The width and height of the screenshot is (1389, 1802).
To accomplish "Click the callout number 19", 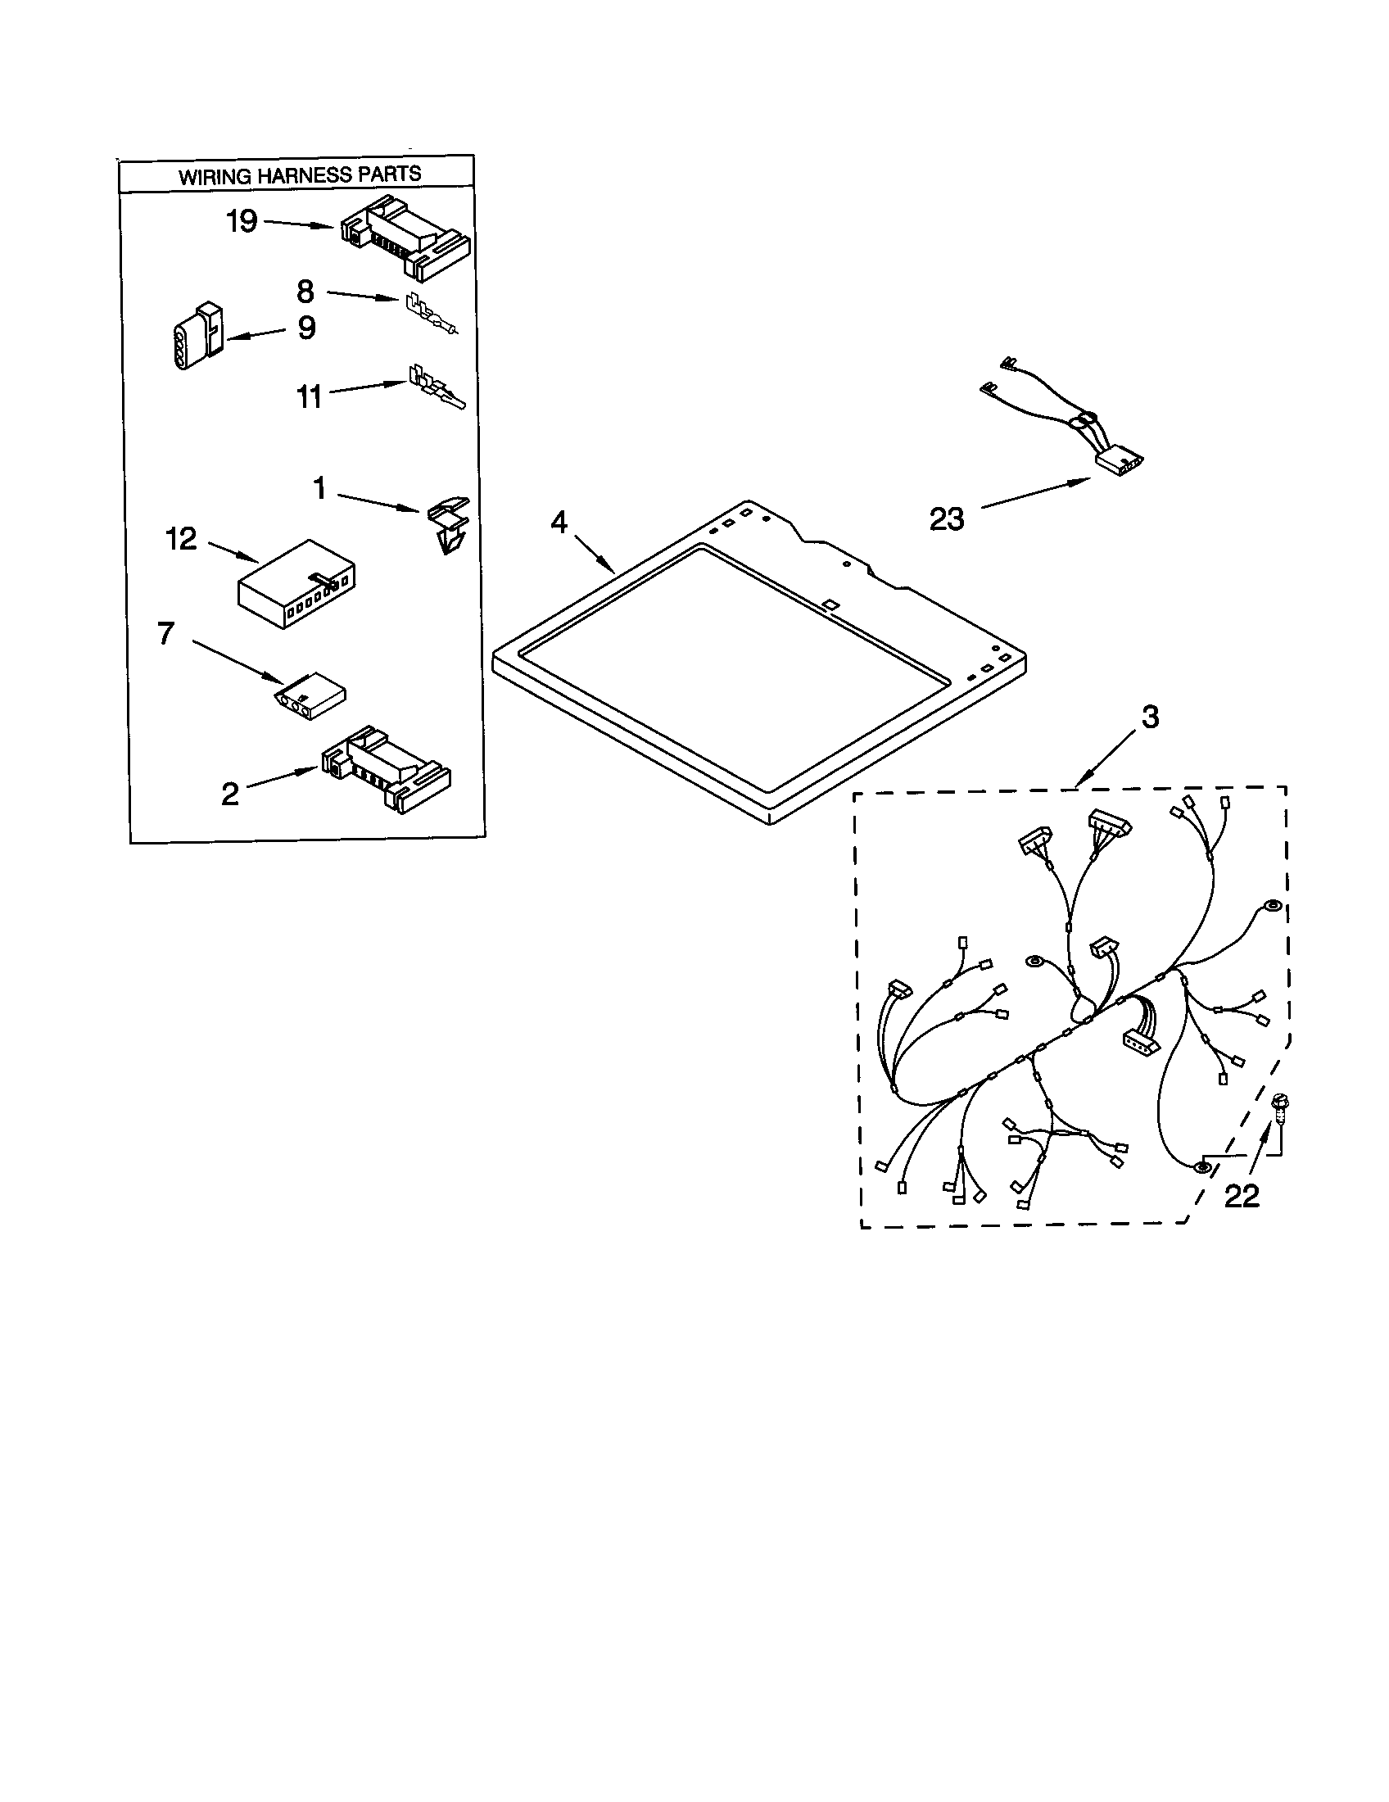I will coord(242,222).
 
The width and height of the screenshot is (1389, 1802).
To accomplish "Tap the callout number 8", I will coord(305,292).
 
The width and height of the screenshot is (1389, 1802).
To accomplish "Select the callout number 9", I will coord(306,328).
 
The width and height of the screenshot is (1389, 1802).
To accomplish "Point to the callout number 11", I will coord(309,397).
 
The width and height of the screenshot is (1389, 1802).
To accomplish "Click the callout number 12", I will coord(182,539).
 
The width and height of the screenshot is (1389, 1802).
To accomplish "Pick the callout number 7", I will coord(165,634).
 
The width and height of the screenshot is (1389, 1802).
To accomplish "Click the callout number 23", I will coord(946,519).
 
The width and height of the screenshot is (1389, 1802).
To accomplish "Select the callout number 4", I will coord(559,522).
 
